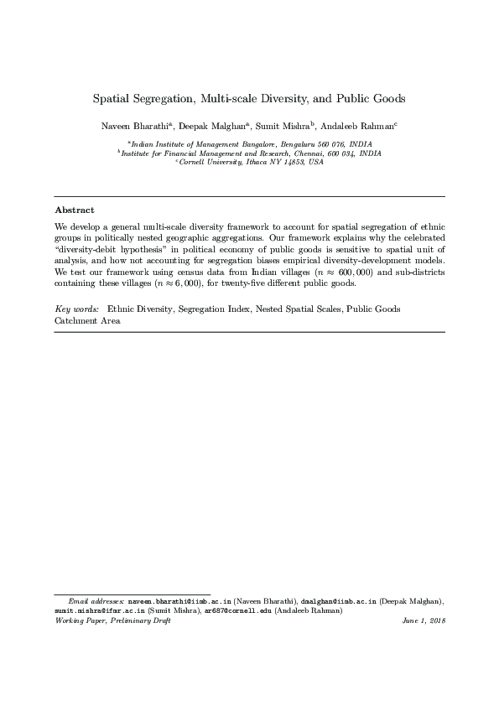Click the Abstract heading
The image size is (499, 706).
[75, 210]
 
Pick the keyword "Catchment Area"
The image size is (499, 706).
[87, 319]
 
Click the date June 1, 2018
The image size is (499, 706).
[424, 620]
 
